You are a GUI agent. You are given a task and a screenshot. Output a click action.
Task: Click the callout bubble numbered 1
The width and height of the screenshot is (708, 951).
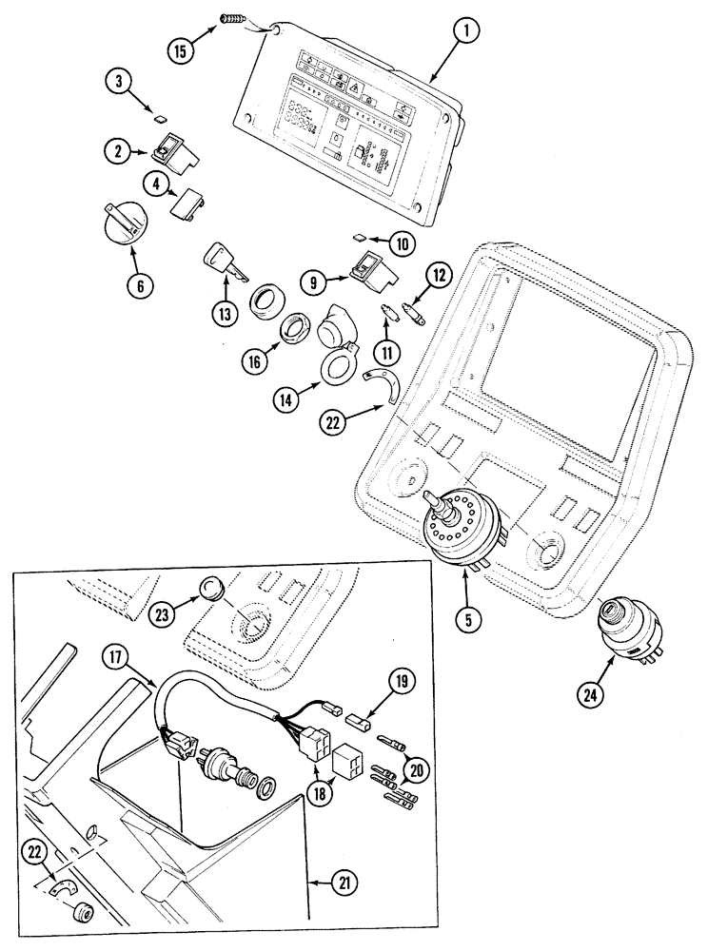[466, 31]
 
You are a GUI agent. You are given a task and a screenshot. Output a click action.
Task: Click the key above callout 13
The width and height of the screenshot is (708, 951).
[224, 262]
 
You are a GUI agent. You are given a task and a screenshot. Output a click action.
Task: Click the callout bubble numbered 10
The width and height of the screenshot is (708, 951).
[403, 243]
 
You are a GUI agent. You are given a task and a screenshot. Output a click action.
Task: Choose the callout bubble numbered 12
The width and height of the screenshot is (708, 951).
[439, 276]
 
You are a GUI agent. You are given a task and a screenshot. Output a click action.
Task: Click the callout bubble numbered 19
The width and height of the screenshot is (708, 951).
[400, 682]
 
